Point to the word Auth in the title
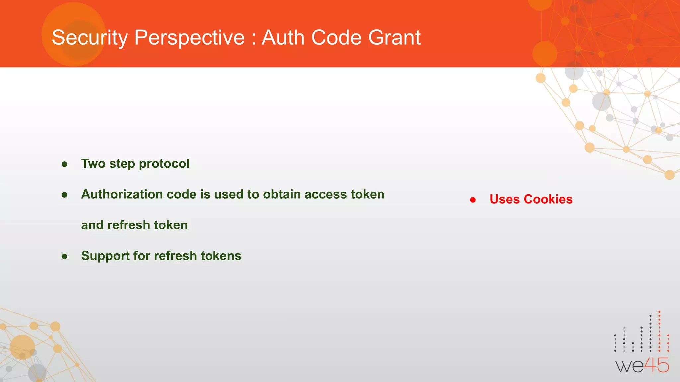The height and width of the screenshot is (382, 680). coord(283,37)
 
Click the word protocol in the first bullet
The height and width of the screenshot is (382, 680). coord(164,164)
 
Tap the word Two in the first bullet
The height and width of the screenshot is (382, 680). coord(93,164)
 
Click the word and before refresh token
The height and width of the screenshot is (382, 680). coord(92,225)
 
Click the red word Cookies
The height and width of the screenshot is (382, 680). coord(548,199)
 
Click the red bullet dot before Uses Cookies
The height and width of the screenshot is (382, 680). coord(473,200)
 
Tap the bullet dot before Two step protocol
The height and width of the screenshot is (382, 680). coord(65,164)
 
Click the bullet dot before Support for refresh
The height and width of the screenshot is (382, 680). coord(65,256)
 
